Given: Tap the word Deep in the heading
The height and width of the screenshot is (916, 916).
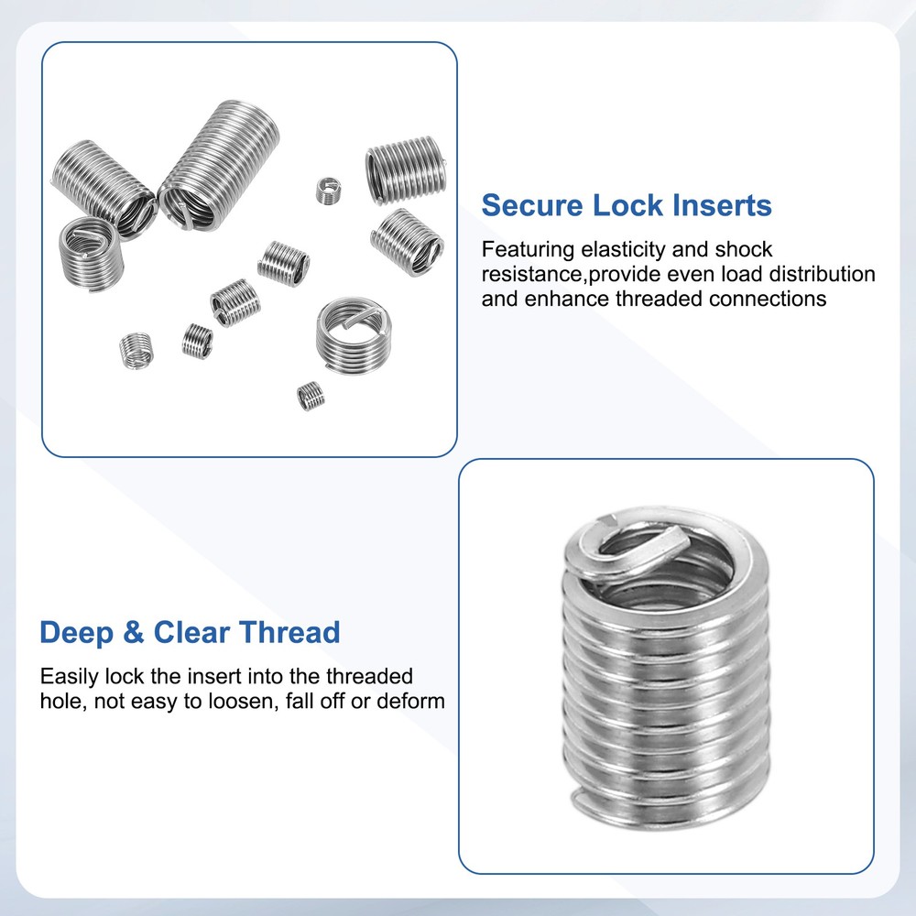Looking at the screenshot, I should (x=76, y=632).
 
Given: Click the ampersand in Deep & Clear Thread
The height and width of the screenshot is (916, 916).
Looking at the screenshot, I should (x=134, y=632).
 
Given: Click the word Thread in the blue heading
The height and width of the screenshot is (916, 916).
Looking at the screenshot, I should (x=290, y=632).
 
